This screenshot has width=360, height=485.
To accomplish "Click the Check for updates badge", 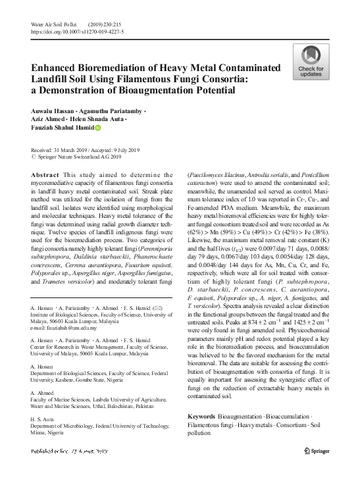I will (310, 62).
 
